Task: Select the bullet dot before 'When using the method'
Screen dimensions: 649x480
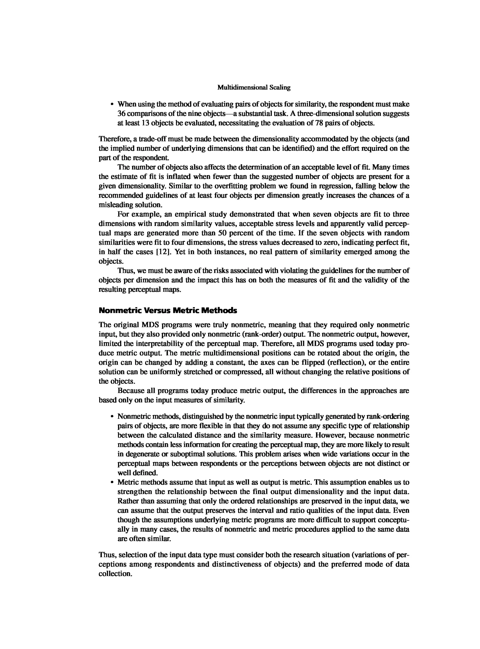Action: tap(112, 104)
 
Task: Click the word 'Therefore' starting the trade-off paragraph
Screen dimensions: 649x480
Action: tap(115, 139)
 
